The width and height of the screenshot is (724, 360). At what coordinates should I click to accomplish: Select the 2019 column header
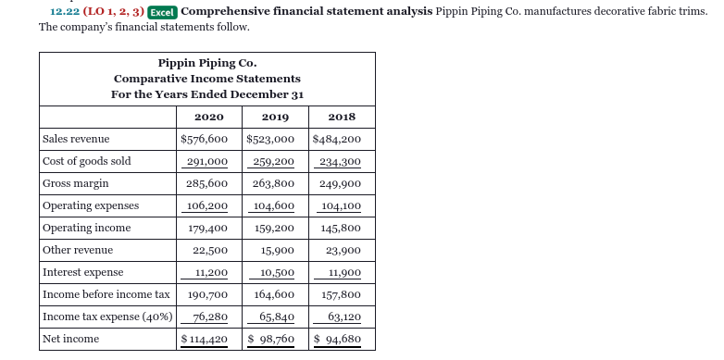point(275,117)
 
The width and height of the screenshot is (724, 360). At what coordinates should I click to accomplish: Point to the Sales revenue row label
point(76,139)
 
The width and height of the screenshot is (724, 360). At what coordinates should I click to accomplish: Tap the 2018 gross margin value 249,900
point(342,183)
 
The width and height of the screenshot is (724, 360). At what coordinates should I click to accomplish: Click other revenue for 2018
point(342,250)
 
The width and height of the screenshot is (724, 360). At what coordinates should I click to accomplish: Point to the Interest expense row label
point(82,272)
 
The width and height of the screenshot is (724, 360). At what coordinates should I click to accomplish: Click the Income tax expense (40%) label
point(107,317)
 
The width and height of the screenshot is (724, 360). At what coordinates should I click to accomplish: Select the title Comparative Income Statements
point(206,79)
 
